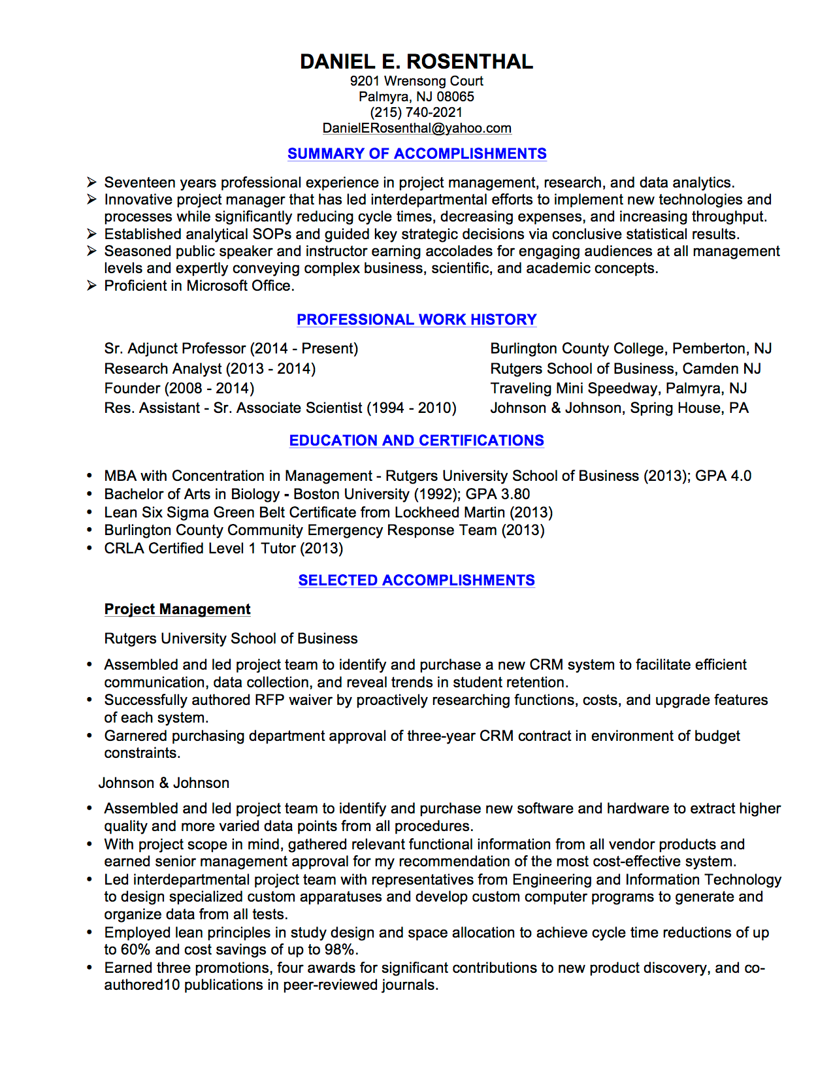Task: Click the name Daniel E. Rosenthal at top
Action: click(416, 61)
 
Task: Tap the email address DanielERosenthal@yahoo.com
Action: click(417, 128)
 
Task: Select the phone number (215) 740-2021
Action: click(416, 112)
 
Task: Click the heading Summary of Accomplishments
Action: click(417, 154)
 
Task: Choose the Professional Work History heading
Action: click(416, 319)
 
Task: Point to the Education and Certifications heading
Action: click(416, 440)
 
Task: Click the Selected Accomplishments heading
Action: click(416, 580)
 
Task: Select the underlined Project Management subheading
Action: click(177, 609)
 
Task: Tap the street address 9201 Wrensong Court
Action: click(416, 81)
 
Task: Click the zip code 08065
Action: click(455, 97)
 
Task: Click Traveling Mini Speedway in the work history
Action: click(576, 388)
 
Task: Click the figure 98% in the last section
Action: click(342, 949)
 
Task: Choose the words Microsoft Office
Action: click(238, 286)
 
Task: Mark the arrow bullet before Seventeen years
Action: click(91, 182)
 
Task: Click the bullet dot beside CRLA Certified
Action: click(90, 549)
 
